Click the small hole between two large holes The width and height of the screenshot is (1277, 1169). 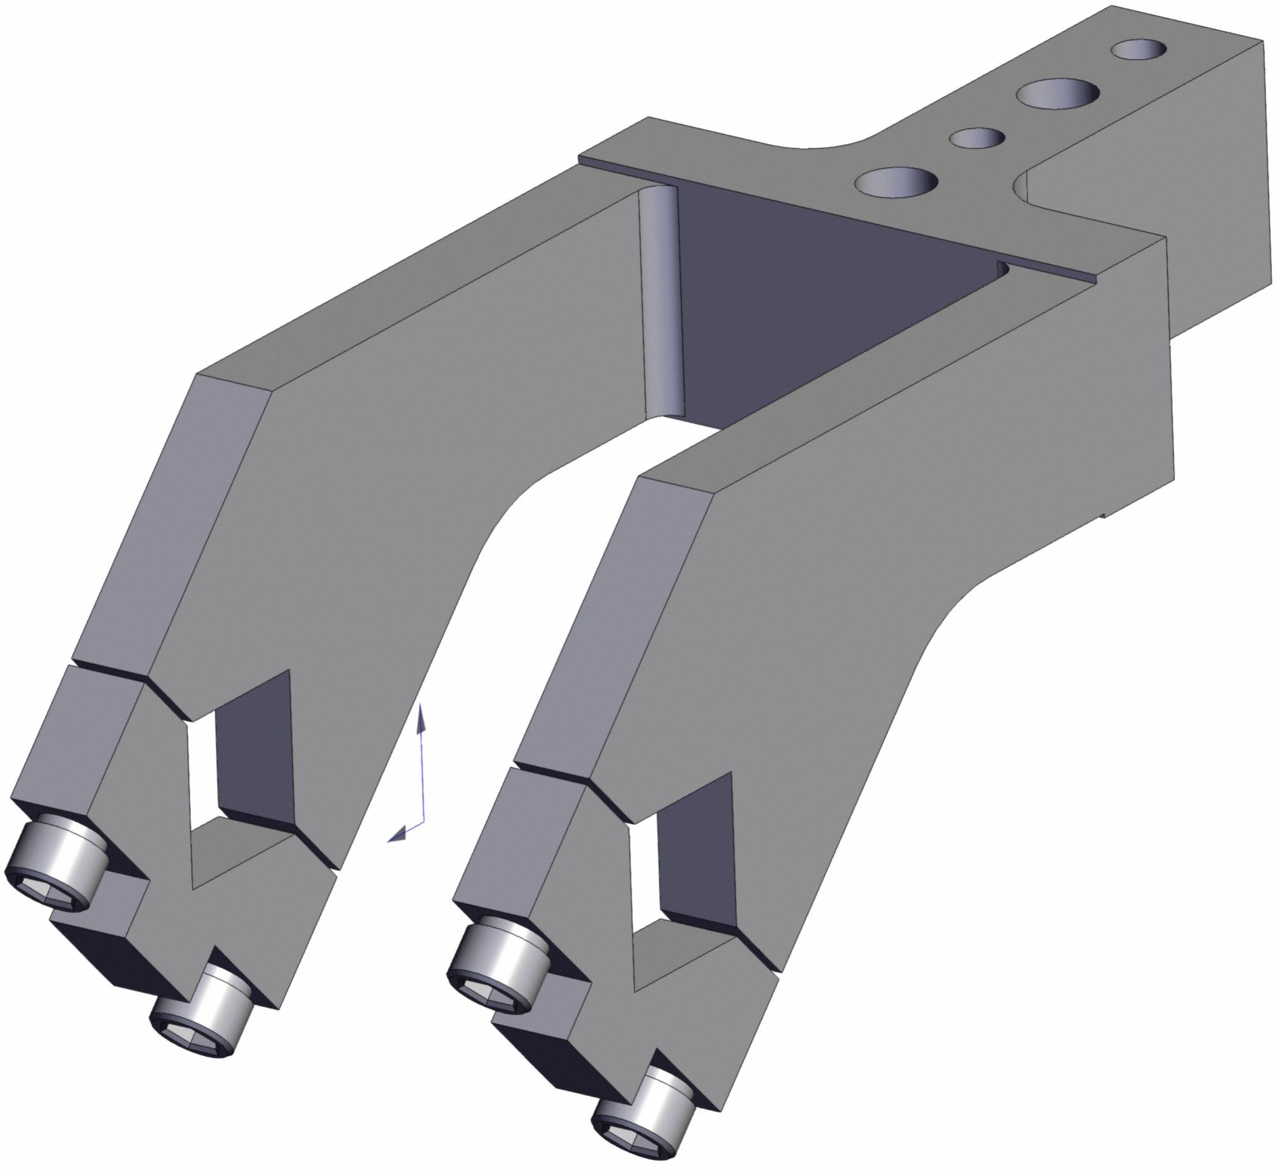(x=976, y=137)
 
